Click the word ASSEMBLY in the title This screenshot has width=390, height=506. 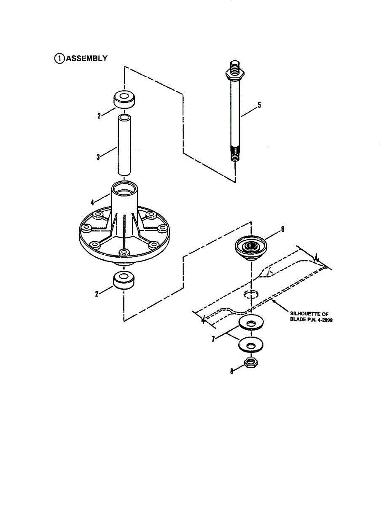(86, 59)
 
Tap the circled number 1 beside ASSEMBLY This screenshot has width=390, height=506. (59, 59)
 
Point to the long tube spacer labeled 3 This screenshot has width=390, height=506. (124, 145)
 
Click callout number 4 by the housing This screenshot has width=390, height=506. (92, 202)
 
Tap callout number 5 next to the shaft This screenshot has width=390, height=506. (259, 105)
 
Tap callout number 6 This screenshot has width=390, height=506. (282, 229)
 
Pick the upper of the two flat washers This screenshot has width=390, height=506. (251, 323)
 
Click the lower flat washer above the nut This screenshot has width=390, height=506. (251, 345)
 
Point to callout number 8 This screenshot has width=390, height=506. (231, 371)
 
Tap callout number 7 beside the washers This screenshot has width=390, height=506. (214, 338)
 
